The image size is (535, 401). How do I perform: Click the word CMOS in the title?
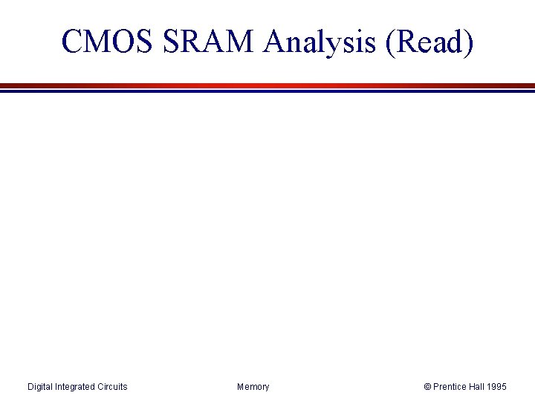click(x=105, y=42)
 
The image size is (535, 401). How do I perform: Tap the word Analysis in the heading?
click(x=321, y=42)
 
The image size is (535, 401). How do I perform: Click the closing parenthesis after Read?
click(x=468, y=42)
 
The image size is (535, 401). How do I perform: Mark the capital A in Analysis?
click(x=273, y=42)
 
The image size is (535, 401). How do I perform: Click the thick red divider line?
click(x=267, y=85)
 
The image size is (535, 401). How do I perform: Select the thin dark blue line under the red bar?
click(x=267, y=91)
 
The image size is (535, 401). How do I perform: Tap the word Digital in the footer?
click(x=41, y=387)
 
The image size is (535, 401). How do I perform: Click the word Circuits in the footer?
click(x=113, y=387)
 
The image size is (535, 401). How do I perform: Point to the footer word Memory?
click(x=253, y=387)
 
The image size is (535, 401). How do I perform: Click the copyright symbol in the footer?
click(x=427, y=387)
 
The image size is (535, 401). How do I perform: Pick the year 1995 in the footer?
click(x=498, y=387)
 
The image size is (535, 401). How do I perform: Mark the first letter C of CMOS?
click(x=72, y=42)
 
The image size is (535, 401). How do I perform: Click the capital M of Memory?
click(x=240, y=387)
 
